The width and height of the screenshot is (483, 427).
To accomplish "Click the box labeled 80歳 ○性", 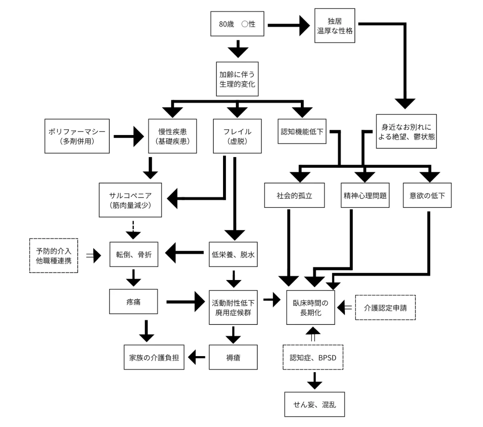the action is point(237,24).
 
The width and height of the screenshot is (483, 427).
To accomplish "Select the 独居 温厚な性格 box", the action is point(335,26).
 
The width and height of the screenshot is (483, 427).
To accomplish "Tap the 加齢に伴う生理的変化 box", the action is point(237,79).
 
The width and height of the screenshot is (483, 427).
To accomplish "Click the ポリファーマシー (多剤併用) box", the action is point(77,136).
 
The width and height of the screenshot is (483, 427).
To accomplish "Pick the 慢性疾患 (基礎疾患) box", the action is point(173,136).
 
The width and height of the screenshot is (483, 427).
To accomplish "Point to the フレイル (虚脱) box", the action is point(237,136).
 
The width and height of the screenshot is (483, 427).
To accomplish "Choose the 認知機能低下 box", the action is point(302,131).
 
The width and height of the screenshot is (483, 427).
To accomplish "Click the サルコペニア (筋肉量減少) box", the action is point(131,200).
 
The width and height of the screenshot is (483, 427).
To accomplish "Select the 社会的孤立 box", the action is point(294,195).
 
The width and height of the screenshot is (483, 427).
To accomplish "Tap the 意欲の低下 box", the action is point(427,195).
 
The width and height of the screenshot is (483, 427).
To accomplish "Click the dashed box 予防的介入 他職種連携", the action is point(54,256).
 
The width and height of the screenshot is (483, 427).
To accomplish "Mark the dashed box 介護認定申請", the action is point(386,308).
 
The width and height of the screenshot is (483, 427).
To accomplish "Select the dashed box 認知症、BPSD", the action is point(313,357).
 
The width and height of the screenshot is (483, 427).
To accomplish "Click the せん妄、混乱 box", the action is point(315,405).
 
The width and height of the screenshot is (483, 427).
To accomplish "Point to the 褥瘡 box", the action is point(233,357).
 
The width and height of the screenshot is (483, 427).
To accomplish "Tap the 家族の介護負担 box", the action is point(154,357).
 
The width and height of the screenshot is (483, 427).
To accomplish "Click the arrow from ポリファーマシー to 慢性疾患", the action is point(129,136).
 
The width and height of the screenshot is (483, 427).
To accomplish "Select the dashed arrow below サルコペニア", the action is point(133,230).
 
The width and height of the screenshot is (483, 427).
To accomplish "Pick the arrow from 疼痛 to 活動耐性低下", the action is point(186,302).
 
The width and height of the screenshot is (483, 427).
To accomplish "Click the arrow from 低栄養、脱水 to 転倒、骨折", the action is point(184,253).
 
